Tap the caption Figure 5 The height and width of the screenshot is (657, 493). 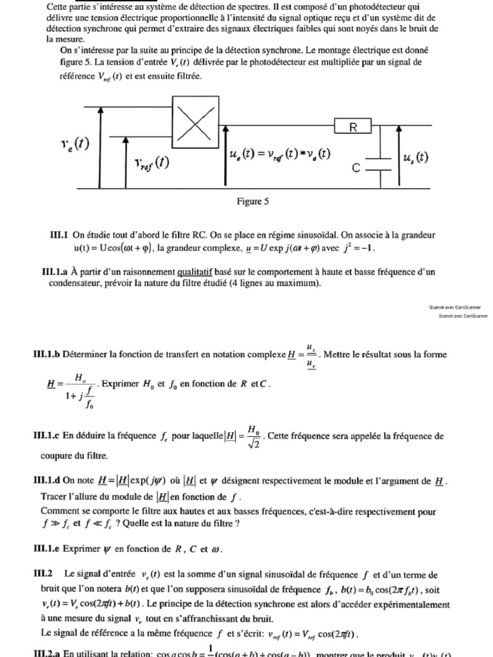[252, 201]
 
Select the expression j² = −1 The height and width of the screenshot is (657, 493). [354, 248]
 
